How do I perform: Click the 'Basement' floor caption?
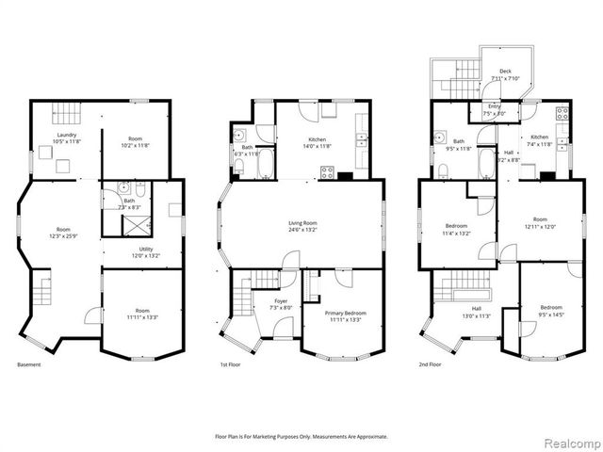(29, 364)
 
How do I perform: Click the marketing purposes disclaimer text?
(301, 436)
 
